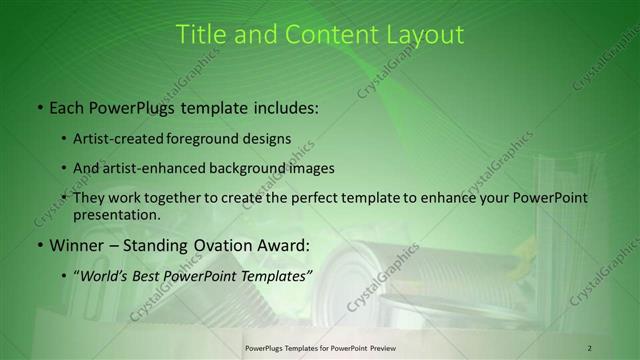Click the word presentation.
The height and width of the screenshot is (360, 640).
[x=116, y=215]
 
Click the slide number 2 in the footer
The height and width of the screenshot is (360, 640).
[x=589, y=347]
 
